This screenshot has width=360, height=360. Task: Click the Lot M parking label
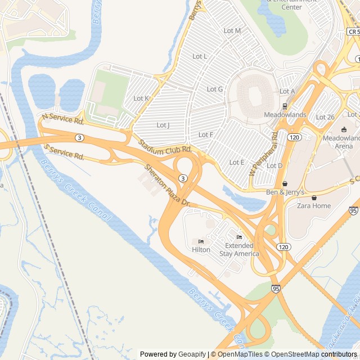(x=232, y=30)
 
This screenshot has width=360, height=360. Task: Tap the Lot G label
(x=215, y=89)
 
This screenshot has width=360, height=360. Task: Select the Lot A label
(x=287, y=91)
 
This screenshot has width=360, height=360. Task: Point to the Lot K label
(x=141, y=98)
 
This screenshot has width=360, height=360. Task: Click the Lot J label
(x=163, y=125)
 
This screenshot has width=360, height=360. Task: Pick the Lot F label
(x=206, y=134)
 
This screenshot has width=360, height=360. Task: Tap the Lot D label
(x=274, y=165)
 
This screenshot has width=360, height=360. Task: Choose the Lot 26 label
(x=325, y=117)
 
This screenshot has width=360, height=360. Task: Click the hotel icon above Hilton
(x=201, y=241)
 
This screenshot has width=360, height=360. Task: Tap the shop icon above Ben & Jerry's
(x=285, y=183)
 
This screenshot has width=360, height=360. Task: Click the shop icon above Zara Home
(x=314, y=197)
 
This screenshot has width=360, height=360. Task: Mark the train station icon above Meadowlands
(x=285, y=106)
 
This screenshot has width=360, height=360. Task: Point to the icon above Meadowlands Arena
(x=344, y=129)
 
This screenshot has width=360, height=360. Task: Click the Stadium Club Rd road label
(x=165, y=148)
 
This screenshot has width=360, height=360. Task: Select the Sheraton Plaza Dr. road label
(x=168, y=183)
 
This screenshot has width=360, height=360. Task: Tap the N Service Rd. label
(x=63, y=118)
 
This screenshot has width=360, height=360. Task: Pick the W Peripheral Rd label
(x=265, y=151)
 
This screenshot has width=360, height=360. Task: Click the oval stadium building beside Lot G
(x=255, y=91)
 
